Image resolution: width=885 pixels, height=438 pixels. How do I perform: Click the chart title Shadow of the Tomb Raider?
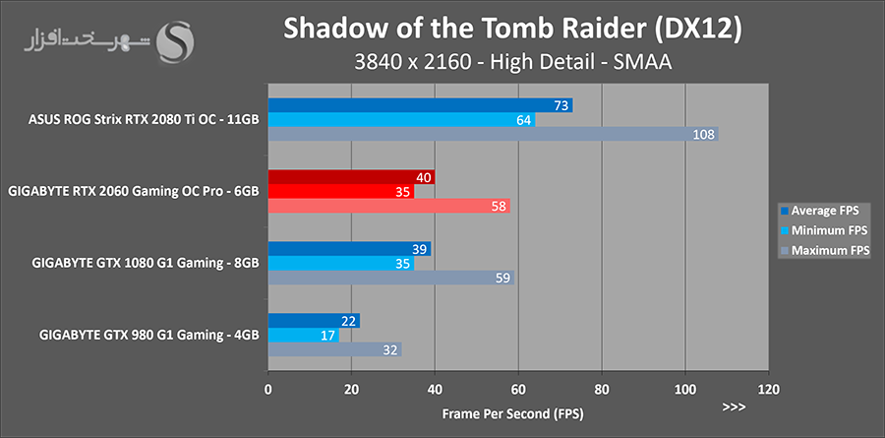[x=511, y=29]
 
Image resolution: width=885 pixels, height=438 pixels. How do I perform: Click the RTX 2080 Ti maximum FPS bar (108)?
[x=493, y=134]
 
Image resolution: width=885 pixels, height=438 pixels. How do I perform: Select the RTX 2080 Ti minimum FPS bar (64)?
[x=401, y=120]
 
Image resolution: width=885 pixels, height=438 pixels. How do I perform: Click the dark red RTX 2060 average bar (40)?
[x=351, y=177]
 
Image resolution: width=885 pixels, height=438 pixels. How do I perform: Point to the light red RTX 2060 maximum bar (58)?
[x=388, y=206]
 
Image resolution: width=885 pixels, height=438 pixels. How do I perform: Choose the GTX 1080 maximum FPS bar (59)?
[x=390, y=278]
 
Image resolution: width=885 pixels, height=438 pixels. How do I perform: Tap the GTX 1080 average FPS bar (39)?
[x=349, y=249]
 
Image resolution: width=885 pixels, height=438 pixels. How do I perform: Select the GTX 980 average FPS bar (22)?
[x=314, y=321]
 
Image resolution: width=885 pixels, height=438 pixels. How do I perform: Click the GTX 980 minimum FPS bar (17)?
[x=303, y=335]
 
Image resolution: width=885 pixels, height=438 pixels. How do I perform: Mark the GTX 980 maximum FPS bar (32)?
[x=334, y=349]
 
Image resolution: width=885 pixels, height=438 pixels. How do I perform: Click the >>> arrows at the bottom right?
[x=734, y=407]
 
